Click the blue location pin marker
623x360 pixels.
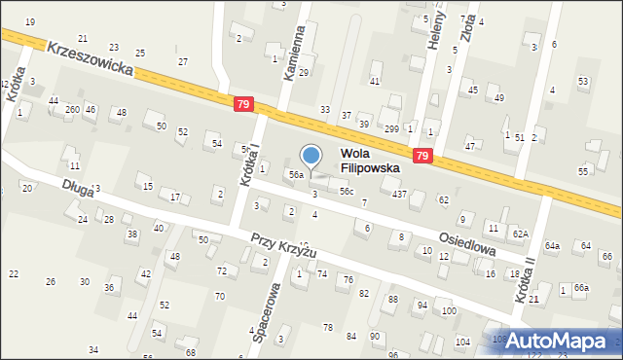[x=311, y=156]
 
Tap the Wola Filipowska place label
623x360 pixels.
[x=370, y=161]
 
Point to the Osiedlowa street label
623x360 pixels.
[x=466, y=243]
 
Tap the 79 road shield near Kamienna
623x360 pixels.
[x=243, y=103]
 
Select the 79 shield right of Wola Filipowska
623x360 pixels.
[x=421, y=155]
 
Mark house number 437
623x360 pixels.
[x=399, y=195]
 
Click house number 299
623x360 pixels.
[x=391, y=129]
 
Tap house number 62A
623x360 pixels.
[x=521, y=234]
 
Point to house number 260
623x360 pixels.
[x=72, y=109]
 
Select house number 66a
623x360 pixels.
[x=580, y=288]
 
